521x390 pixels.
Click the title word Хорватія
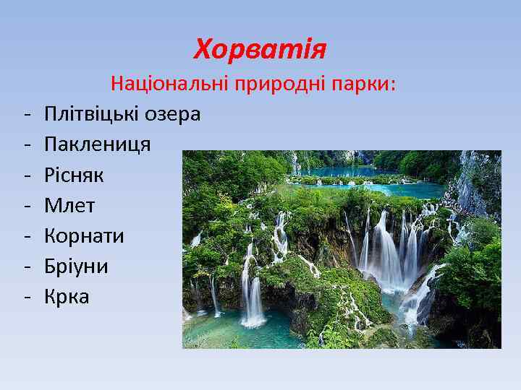pos(260,50)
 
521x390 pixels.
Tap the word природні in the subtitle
pos(278,84)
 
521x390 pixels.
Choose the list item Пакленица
pos(98,144)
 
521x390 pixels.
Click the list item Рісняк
pos(75,175)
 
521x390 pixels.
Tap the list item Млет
pos(69,206)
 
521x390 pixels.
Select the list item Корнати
pos(84,236)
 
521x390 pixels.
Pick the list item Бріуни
pos(76,266)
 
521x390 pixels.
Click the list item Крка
pos(67,297)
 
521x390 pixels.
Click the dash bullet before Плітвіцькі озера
pos(25,115)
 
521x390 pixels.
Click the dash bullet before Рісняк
pos(25,175)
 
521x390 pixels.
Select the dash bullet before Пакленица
pos(25,145)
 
